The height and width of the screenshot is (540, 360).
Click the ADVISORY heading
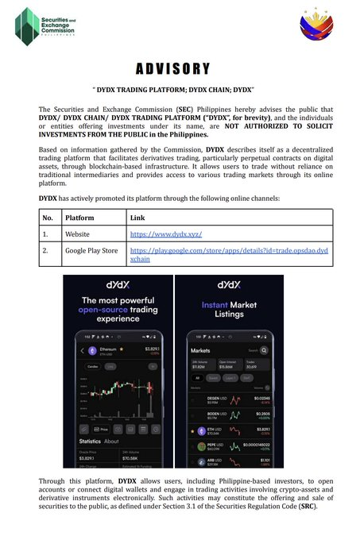click(180, 68)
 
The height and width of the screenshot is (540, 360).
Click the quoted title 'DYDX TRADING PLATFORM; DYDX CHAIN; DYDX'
click(180, 89)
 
